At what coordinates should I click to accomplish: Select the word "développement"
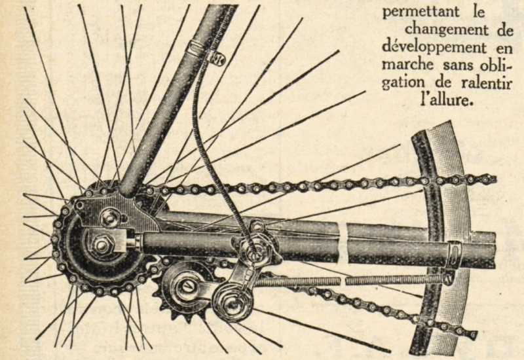tap(429, 48)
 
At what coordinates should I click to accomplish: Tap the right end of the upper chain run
tap(488, 178)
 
